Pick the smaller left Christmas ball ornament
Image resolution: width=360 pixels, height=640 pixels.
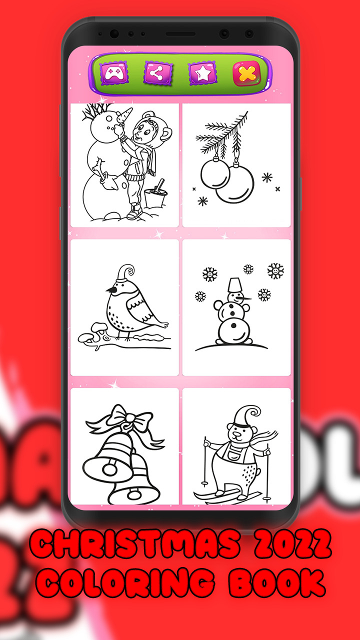(x=214, y=173)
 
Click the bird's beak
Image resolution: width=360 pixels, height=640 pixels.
(x=108, y=290)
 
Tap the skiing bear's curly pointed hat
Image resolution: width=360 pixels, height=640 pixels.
(x=248, y=417)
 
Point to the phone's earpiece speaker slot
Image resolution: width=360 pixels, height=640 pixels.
(x=180, y=34)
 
